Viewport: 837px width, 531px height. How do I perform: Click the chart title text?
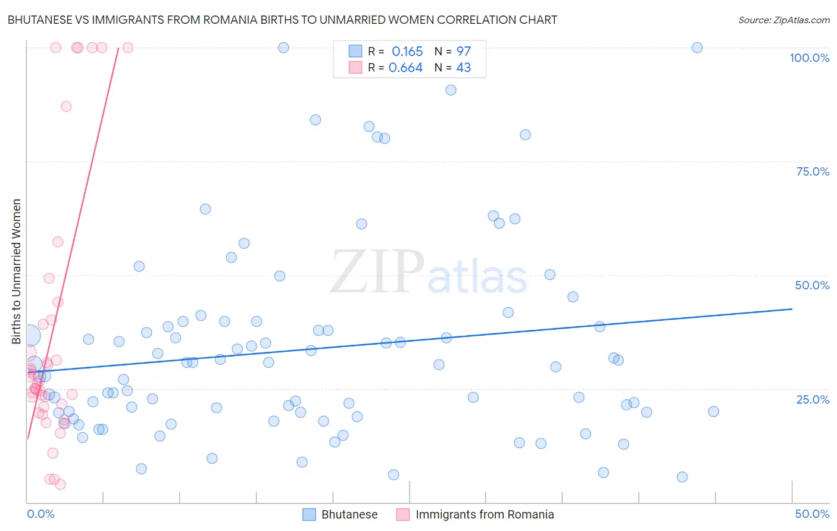point(282,20)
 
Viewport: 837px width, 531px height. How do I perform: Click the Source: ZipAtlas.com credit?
point(783,20)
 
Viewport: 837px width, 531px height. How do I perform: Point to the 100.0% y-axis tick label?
point(809,58)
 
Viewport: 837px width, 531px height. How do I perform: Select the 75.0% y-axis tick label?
point(813,171)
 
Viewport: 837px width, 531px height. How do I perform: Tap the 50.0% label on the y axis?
point(812,285)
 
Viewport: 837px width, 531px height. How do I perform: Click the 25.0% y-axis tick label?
point(813,399)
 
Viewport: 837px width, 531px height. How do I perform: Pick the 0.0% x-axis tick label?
point(40,514)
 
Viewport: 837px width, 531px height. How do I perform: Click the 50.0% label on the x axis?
point(812,514)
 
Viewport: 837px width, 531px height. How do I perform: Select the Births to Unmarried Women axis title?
point(17,271)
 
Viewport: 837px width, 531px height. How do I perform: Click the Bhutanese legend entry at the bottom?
point(349,514)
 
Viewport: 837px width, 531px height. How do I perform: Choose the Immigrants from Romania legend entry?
point(484,514)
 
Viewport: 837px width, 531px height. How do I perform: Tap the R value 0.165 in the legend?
point(407,51)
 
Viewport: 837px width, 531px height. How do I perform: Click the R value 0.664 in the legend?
point(405,68)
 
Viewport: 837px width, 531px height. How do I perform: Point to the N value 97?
point(463,51)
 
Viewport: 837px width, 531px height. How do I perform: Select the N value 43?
point(463,68)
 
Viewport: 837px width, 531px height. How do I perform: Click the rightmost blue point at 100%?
point(697,48)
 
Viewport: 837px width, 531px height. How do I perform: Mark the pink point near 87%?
point(66,107)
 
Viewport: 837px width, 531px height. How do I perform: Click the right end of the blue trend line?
point(792,309)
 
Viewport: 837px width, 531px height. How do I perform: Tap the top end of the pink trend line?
point(118,49)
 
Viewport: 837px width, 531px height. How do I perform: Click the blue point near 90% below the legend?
point(451,90)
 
